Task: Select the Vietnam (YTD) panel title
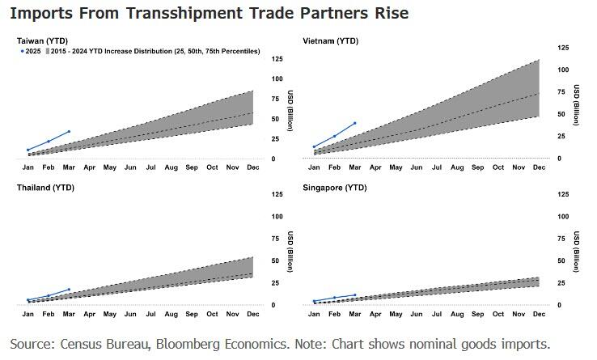pos(330,40)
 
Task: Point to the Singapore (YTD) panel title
pos(334,187)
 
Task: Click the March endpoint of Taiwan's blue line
pos(69,131)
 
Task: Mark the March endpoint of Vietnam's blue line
pos(354,124)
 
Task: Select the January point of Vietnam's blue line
pos(314,146)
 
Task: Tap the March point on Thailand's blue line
pos(69,289)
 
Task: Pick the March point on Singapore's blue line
pos(354,294)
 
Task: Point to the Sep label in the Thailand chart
pos(192,313)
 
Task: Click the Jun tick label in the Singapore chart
pos(416,313)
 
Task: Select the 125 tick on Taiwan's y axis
pos(277,59)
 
